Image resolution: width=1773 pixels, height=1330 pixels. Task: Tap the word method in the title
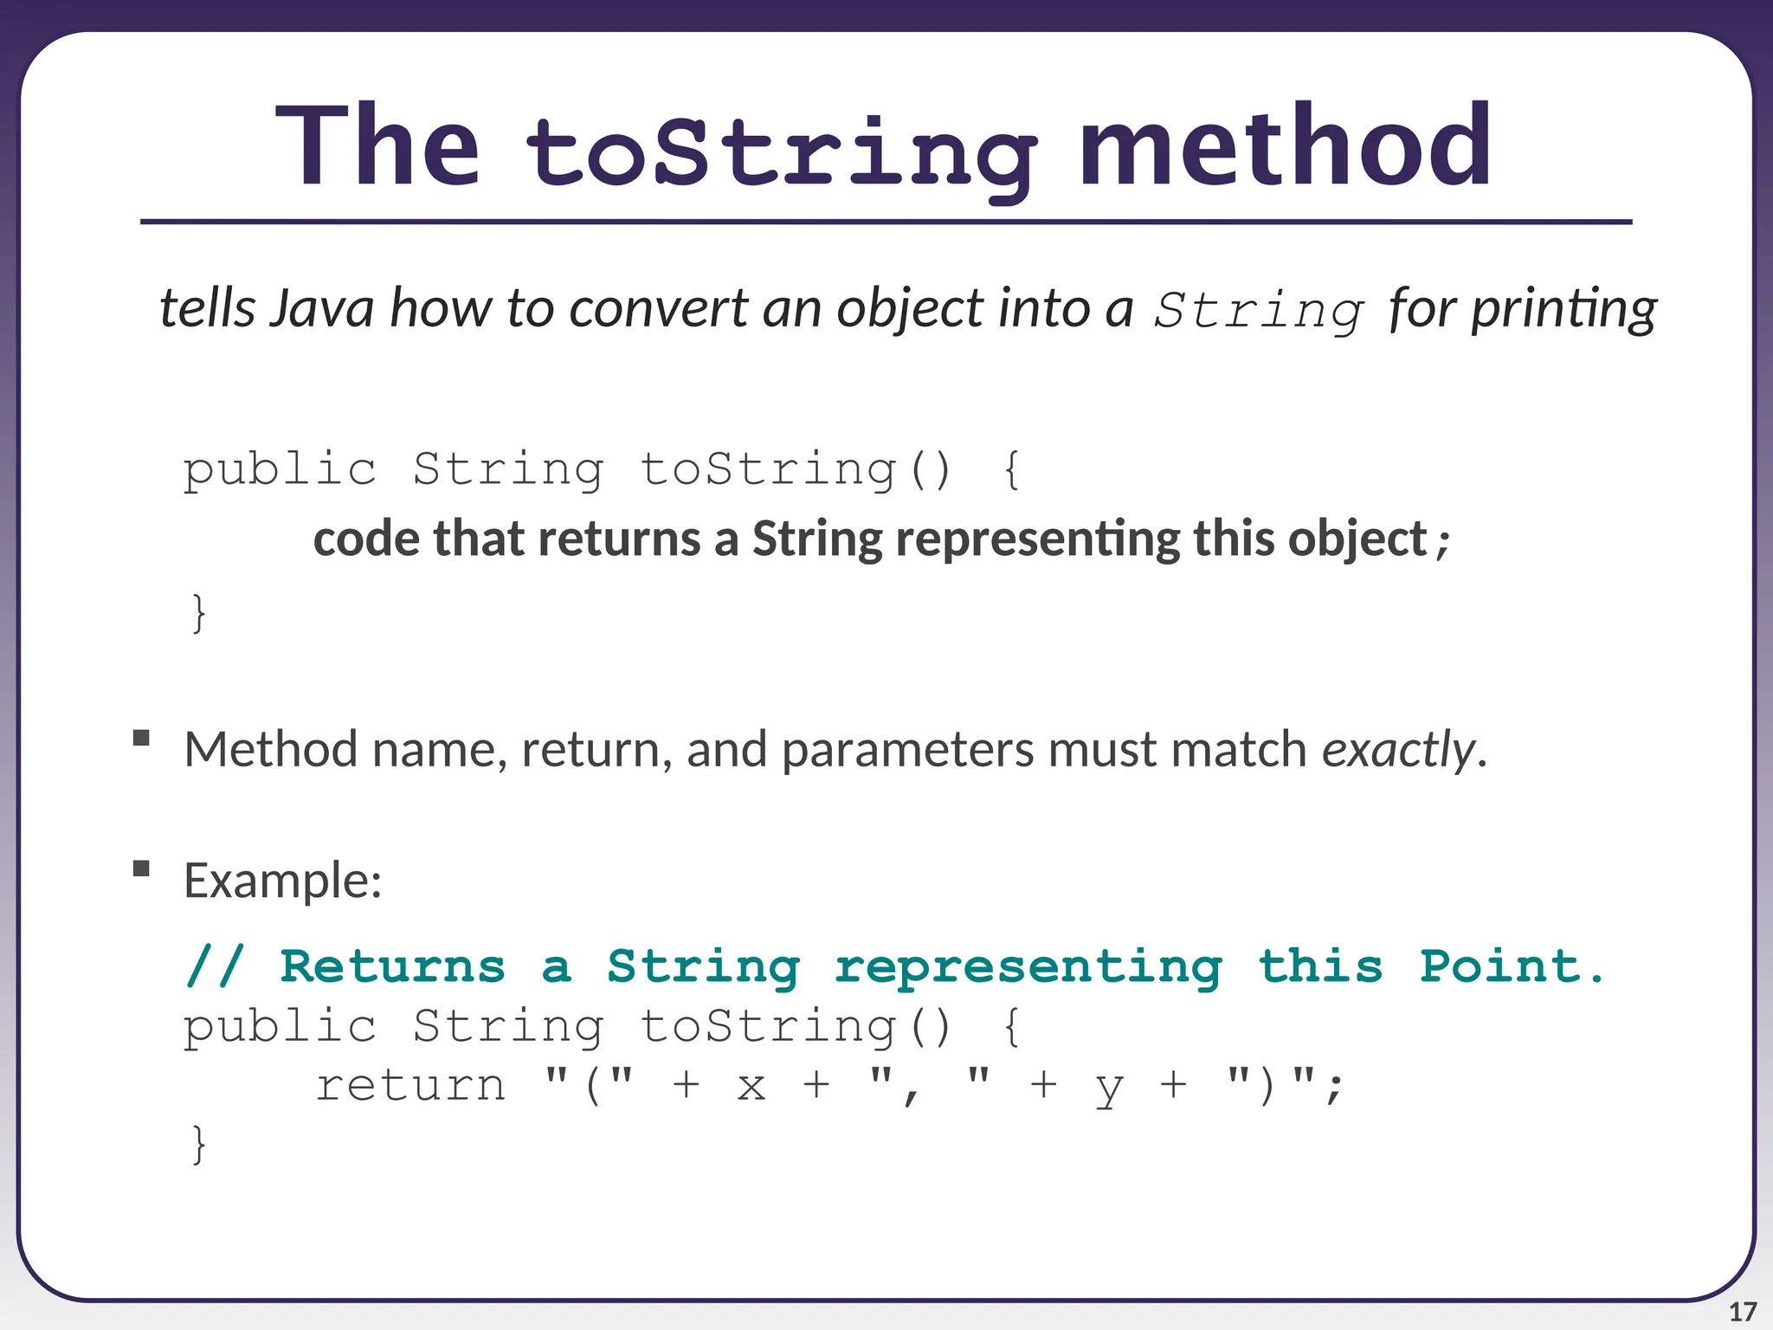tap(1285, 145)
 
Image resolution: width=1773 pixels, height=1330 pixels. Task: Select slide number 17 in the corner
tap(1742, 1312)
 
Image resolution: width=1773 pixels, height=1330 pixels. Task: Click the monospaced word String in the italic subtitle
tap(1260, 311)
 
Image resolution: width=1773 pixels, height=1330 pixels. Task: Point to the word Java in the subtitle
tap(321, 308)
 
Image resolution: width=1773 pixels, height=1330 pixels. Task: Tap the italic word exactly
tap(1397, 749)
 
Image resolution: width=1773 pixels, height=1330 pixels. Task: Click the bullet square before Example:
tap(142, 868)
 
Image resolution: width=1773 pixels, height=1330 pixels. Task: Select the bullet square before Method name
tap(142, 738)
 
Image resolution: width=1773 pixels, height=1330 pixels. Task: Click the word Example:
tap(283, 881)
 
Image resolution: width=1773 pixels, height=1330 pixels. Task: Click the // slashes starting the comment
tap(215, 966)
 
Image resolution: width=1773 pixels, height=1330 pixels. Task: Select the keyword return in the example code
tap(410, 1085)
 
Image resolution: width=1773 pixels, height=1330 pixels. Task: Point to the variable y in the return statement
tap(1109, 1088)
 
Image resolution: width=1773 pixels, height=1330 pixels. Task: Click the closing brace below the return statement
tap(199, 1144)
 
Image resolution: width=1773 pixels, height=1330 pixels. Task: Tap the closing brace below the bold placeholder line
tap(199, 613)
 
